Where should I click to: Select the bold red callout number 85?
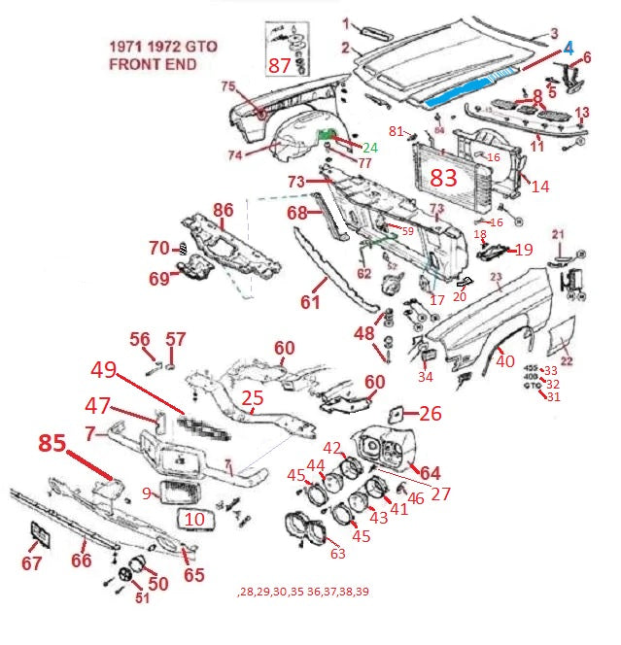point(53,443)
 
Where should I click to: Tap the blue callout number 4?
point(570,46)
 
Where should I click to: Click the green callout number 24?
point(369,148)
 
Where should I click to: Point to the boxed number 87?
point(280,65)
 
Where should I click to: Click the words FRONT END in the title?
point(153,65)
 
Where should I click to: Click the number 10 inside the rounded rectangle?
point(194,520)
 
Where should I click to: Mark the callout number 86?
point(224,209)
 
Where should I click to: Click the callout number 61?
point(310,302)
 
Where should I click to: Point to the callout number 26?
point(430,414)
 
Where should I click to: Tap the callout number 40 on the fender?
point(505,361)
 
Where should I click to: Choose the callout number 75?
point(228,86)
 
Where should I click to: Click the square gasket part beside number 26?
point(397,414)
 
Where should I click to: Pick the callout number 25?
point(253,397)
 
